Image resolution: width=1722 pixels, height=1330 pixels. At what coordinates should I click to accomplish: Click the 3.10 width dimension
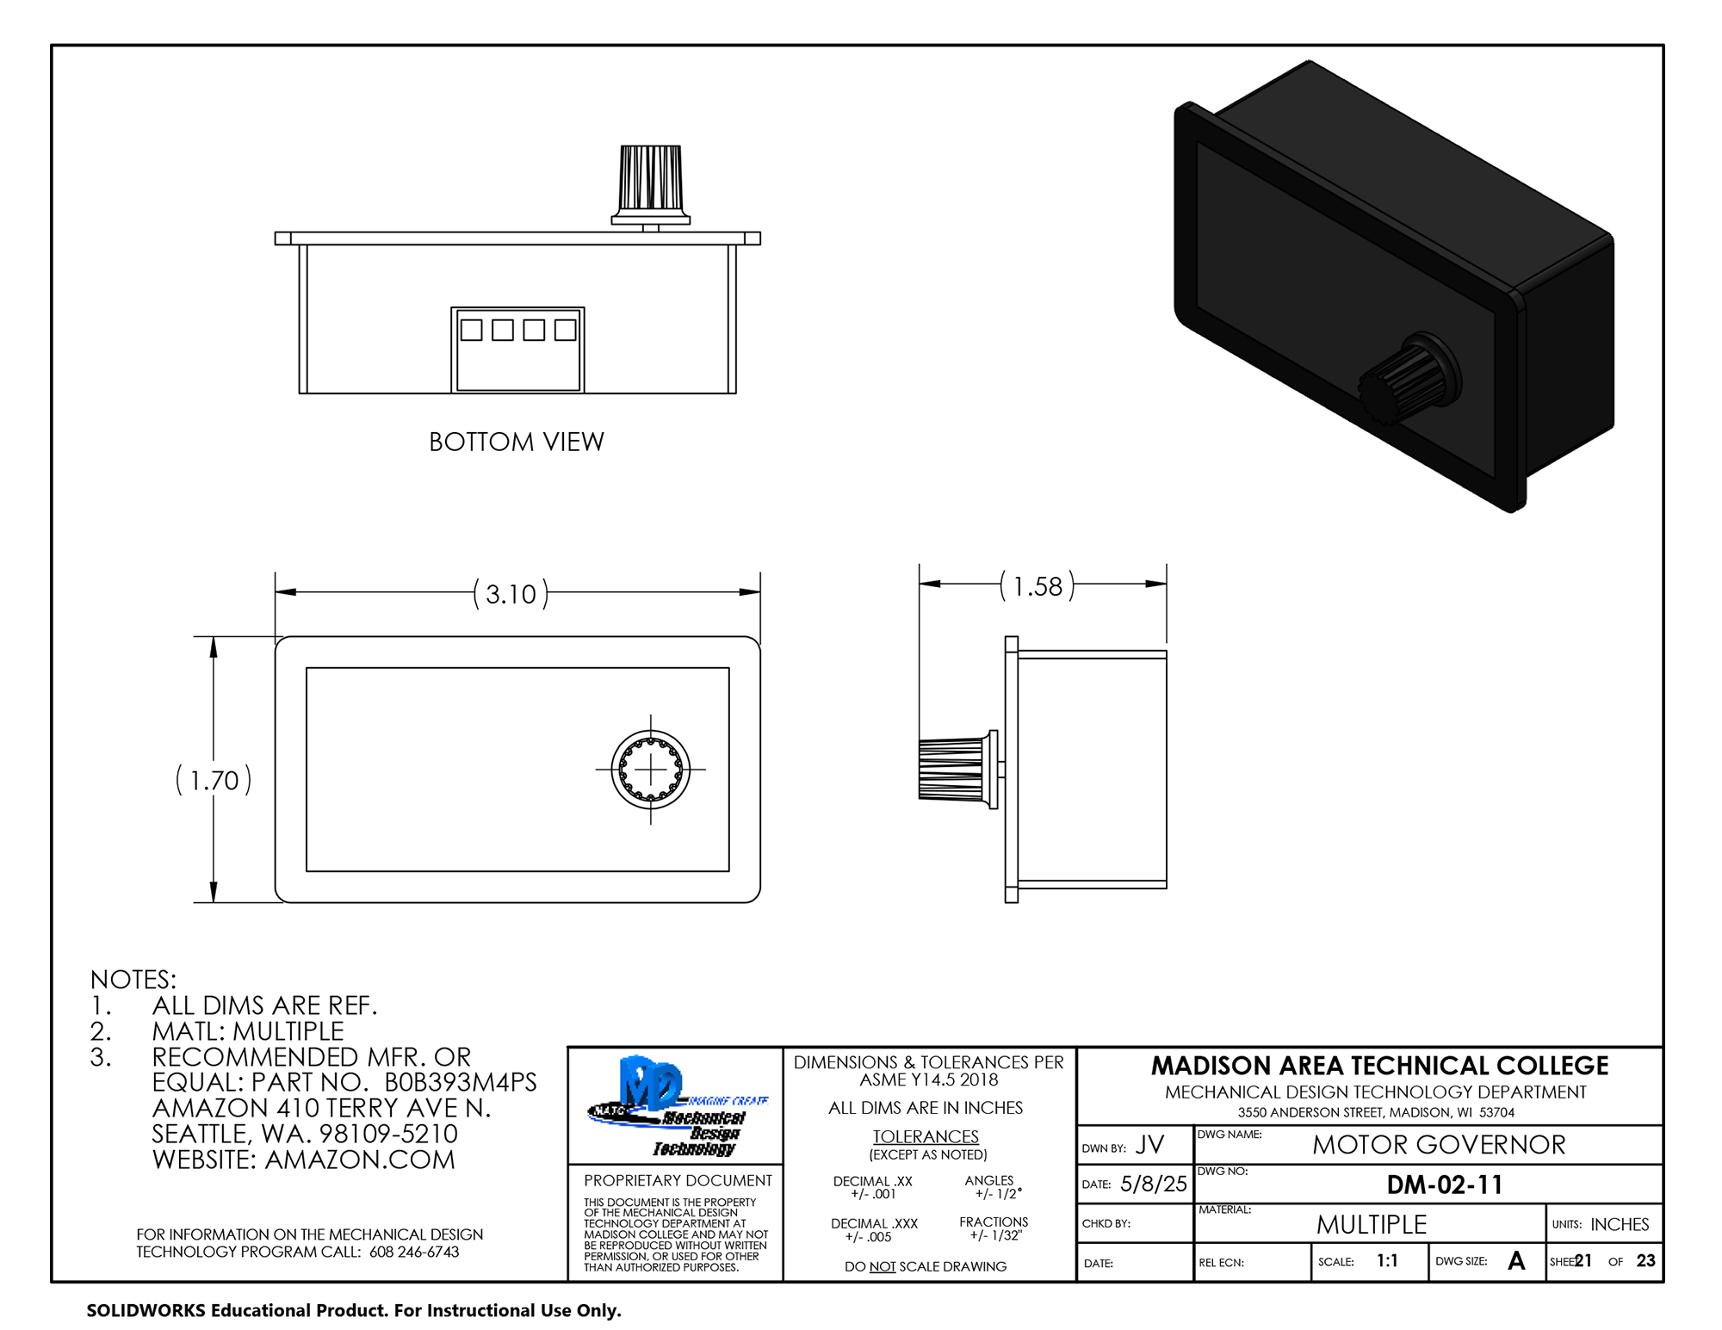(510, 594)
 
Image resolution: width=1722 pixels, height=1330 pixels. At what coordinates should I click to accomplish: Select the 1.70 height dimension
(214, 780)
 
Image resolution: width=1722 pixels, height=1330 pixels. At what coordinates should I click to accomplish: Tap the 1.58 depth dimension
(1037, 586)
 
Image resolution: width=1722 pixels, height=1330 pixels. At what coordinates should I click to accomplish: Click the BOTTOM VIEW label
(517, 442)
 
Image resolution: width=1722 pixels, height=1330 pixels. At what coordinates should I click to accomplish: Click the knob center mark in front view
(650, 769)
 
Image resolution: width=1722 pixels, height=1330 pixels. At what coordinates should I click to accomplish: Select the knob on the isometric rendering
(1403, 383)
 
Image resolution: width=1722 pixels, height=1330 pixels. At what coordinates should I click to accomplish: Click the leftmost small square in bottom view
(471, 330)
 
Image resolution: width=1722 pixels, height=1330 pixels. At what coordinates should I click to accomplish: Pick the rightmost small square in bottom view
(565, 330)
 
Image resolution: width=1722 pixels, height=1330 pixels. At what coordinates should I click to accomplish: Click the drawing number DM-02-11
(1444, 1185)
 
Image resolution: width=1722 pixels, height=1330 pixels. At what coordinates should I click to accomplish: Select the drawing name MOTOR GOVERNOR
(1438, 1145)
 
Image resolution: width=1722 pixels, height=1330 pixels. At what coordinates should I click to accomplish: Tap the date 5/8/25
(1153, 1184)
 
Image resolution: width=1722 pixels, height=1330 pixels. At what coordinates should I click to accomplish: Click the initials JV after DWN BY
(1149, 1145)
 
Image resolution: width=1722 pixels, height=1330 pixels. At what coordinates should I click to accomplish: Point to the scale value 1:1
(1386, 1261)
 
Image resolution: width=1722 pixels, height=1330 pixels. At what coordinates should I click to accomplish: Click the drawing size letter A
(1516, 1261)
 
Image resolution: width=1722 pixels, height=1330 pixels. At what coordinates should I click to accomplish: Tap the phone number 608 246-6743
(414, 1252)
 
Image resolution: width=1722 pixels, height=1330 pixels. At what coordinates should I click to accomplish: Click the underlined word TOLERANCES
(926, 1136)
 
